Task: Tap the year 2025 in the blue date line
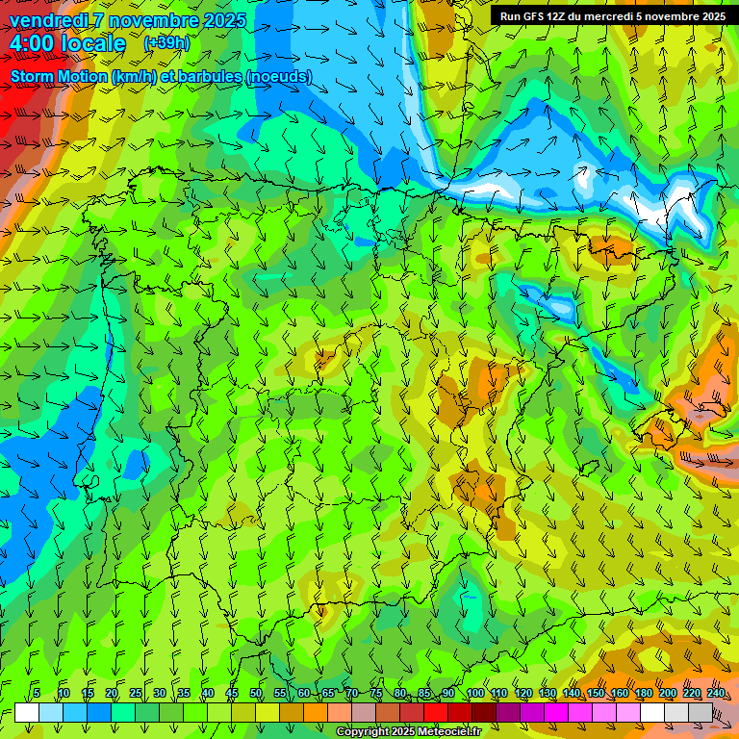[x=218, y=20]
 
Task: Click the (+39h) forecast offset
[x=166, y=43]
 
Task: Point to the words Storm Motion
[x=58, y=76]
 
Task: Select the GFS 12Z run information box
[x=612, y=16]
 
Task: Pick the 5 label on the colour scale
[x=37, y=694]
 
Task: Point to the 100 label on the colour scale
[x=474, y=694]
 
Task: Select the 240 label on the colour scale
[x=716, y=694]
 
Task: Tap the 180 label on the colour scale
[x=644, y=694]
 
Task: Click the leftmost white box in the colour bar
[x=27, y=712]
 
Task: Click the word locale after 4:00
[x=92, y=44]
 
